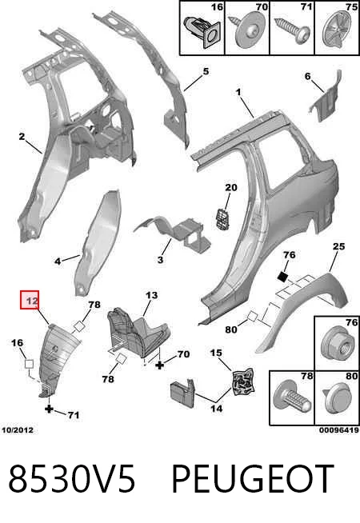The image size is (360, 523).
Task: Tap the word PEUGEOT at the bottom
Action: point(252,479)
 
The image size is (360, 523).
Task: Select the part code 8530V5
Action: point(72,479)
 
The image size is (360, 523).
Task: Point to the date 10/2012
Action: point(18,430)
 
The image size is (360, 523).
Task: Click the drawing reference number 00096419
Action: point(339,430)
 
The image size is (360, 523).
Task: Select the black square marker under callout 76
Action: point(283,276)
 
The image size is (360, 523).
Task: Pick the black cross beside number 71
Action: point(49,409)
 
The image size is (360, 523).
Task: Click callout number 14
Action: point(216,409)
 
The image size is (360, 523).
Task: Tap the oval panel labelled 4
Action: point(98,243)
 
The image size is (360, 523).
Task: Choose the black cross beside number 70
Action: point(160,365)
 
